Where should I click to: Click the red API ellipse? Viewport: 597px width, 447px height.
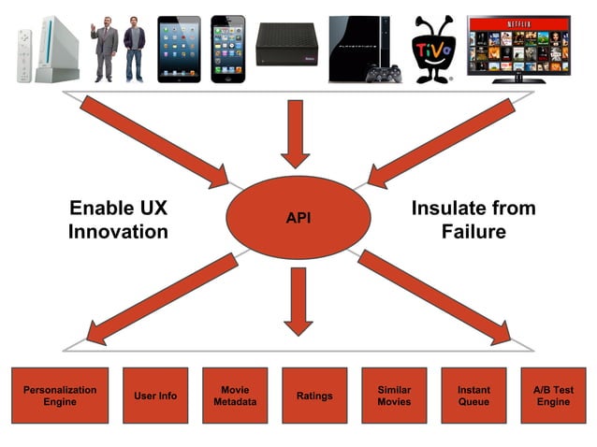tap(298, 217)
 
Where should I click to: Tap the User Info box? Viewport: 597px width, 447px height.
tap(154, 396)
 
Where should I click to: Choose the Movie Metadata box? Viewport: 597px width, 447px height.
tap(235, 396)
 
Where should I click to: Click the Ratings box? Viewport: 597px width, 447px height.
tap(314, 396)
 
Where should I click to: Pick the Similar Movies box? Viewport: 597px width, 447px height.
tap(394, 396)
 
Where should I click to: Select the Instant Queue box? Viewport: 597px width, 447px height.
tap(473, 396)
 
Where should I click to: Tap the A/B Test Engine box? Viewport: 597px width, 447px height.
tap(553, 396)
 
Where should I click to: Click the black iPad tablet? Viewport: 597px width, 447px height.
tap(180, 49)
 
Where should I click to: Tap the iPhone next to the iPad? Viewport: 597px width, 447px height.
tap(227, 49)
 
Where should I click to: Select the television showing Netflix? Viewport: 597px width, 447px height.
tap(517, 47)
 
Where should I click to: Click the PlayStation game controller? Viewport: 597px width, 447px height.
tap(384, 74)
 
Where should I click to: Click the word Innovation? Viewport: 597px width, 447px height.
tap(118, 230)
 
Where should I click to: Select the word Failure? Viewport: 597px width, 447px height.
tap(473, 230)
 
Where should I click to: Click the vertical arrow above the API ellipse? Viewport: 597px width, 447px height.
tap(297, 131)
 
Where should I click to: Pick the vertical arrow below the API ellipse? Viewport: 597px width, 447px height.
tap(298, 299)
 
